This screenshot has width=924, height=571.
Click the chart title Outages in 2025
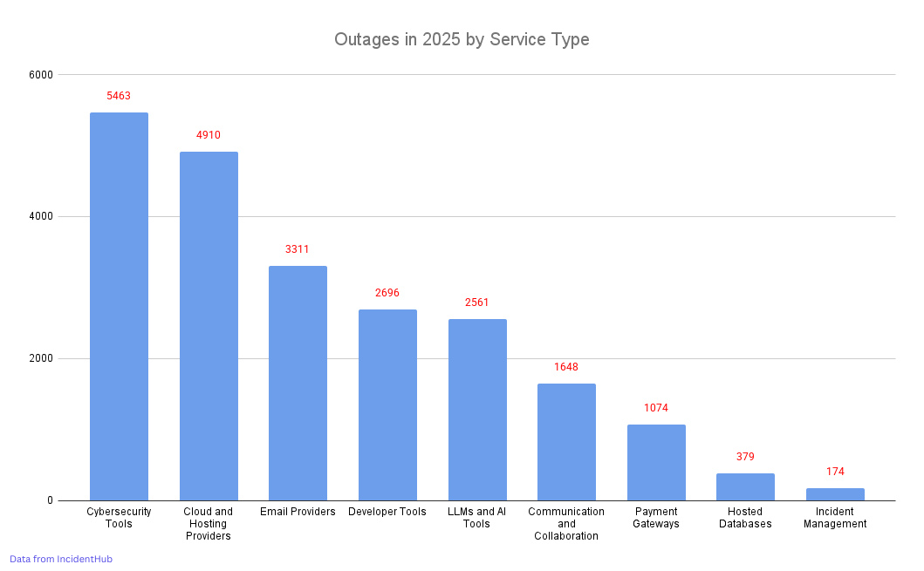click(x=462, y=40)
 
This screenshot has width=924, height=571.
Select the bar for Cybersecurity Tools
click(x=119, y=306)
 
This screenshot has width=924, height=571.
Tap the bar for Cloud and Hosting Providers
click(x=209, y=326)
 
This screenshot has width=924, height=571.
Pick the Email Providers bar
click(x=298, y=383)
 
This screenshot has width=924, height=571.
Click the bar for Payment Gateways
click(x=656, y=462)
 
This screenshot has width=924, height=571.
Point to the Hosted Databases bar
click(x=745, y=486)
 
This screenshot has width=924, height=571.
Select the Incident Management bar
click(x=835, y=494)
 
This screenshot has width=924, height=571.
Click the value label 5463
click(x=119, y=96)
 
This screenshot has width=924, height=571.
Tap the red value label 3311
click(x=298, y=249)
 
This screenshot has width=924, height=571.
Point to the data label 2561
click(x=477, y=302)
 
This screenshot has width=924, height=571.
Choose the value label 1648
click(x=566, y=367)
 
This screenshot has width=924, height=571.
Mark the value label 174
click(x=835, y=472)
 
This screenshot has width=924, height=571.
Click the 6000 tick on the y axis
click(x=42, y=75)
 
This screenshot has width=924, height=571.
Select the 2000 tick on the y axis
click(x=42, y=358)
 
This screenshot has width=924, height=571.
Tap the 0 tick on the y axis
click(x=51, y=500)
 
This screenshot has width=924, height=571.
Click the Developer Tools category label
click(x=387, y=512)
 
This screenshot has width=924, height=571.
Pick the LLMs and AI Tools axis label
click(x=477, y=518)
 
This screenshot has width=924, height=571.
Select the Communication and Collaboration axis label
click(x=566, y=524)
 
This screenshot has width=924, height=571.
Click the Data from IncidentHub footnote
click(x=61, y=559)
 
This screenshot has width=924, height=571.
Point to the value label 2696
click(x=387, y=293)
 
